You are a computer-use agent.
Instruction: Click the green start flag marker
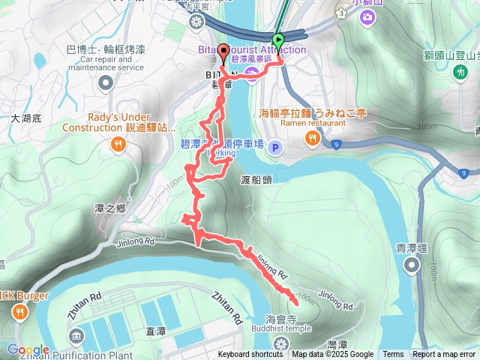coord(279,41)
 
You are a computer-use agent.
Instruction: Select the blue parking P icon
coord(274,147)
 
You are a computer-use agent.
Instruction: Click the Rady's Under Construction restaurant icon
coord(118,145)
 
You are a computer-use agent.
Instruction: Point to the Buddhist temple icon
coord(281,343)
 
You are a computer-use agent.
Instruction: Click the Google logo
coord(28,349)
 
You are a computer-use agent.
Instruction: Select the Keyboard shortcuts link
coord(250,355)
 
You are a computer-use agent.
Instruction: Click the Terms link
coord(393,355)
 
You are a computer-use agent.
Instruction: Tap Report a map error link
coord(445,355)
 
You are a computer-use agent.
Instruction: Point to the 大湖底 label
coord(26,118)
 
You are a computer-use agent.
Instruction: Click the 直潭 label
coord(156,330)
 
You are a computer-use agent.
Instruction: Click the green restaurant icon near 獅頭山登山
coord(459,71)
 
